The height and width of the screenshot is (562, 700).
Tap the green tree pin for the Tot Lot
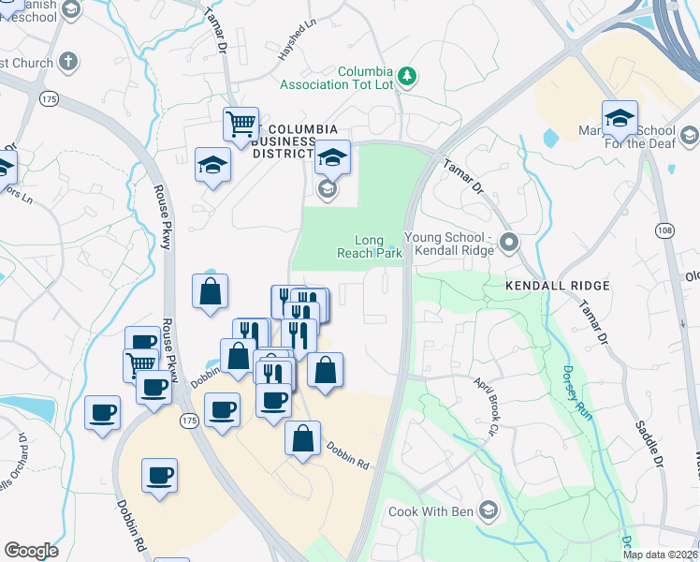(x=407, y=75)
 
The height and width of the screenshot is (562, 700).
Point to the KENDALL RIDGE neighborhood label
(x=557, y=285)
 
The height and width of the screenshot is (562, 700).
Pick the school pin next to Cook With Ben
(x=487, y=510)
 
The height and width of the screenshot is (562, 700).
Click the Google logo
(x=31, y=551)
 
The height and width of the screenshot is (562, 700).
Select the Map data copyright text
(x=660, y=555)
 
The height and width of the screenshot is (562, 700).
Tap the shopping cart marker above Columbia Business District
(x=241, y=124)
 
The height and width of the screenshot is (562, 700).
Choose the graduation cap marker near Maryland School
(x=620, y=117)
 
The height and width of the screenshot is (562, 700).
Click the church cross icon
(x=66, y=63)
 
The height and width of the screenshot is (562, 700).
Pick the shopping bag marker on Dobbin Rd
(x=303, y=438)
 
